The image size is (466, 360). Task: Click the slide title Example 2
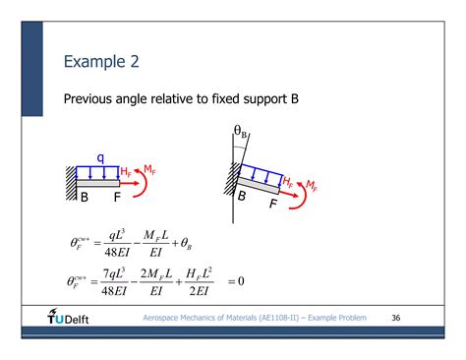click(x=101, y=61)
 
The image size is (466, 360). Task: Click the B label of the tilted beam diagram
click(x=241, y=197)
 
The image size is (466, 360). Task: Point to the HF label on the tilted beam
click(x=287, y=181)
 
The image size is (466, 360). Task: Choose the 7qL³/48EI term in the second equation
click(x=131, y=281)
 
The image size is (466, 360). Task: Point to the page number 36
click(x=397, y=319)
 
